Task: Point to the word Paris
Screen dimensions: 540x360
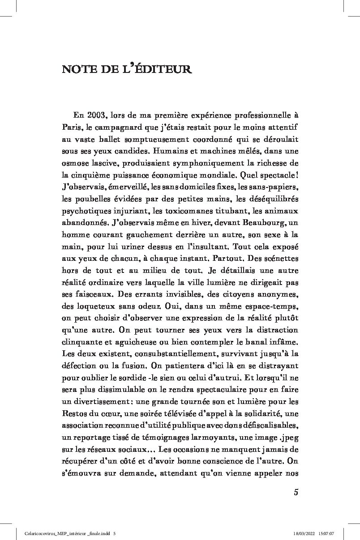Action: pyautogui.click(x=72, y=128)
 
